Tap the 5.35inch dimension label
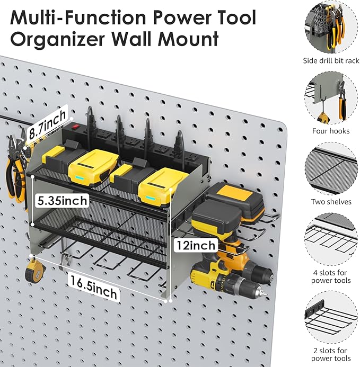tap(59, 200)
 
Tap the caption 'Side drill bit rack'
tap(331, 61)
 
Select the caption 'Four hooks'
tap(331, 131)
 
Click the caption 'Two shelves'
tap(331, 202)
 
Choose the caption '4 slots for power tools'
tap(331, 276)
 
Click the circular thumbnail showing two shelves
tap(331, 169)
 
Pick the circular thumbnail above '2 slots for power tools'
tap(331, 318)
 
